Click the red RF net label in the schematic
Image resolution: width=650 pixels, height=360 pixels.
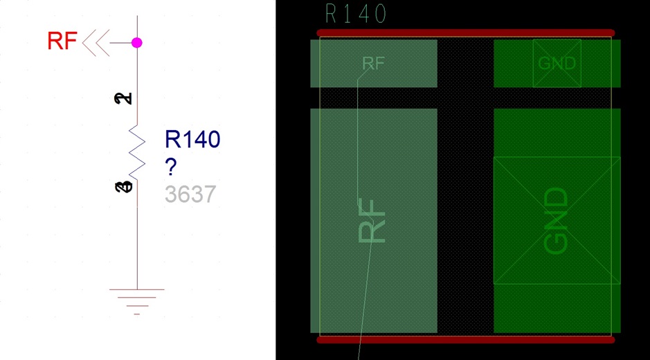[62, 42]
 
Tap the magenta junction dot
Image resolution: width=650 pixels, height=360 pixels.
[137, 43]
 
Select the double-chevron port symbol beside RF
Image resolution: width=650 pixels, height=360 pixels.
[96, 43]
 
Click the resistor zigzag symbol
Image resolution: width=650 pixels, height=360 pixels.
[137, 154]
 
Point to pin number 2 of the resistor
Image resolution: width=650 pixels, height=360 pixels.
[123, 99]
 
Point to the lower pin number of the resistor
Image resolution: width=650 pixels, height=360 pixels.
[123, 187]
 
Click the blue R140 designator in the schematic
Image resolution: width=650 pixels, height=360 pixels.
[192, 139]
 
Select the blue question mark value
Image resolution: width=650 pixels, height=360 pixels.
[170, 167]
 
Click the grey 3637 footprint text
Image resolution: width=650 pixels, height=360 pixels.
[190, 195]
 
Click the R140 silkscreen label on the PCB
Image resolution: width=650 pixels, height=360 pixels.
[356, 14]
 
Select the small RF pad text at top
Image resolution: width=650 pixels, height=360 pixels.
[373, 64]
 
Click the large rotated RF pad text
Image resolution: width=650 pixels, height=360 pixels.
[372, 220]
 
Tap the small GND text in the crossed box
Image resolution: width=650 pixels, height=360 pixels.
[557, 64]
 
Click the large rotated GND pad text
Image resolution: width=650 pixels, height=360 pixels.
[556, 220]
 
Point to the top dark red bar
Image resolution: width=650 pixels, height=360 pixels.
[465, 33]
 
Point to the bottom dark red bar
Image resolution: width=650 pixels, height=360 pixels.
[465, 340]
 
